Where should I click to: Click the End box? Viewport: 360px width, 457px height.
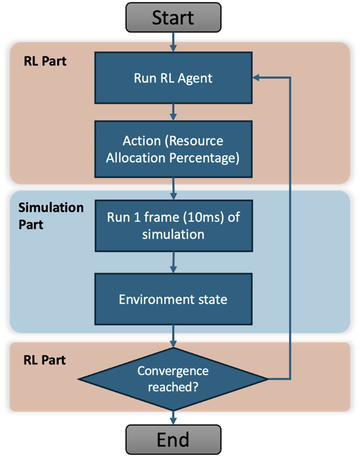173,439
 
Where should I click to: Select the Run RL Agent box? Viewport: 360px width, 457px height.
173,78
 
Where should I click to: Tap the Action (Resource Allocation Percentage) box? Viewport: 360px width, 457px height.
173,150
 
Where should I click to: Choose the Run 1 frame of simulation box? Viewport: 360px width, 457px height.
173,225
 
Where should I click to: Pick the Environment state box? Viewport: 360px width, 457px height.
173,299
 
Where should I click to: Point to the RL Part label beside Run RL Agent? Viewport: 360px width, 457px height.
45,61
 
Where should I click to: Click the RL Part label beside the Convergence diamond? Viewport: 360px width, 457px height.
45,360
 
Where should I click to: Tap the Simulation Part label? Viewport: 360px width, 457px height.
50,215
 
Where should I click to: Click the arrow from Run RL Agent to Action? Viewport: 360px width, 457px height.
173,112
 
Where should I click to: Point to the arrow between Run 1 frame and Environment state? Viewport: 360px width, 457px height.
173,262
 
